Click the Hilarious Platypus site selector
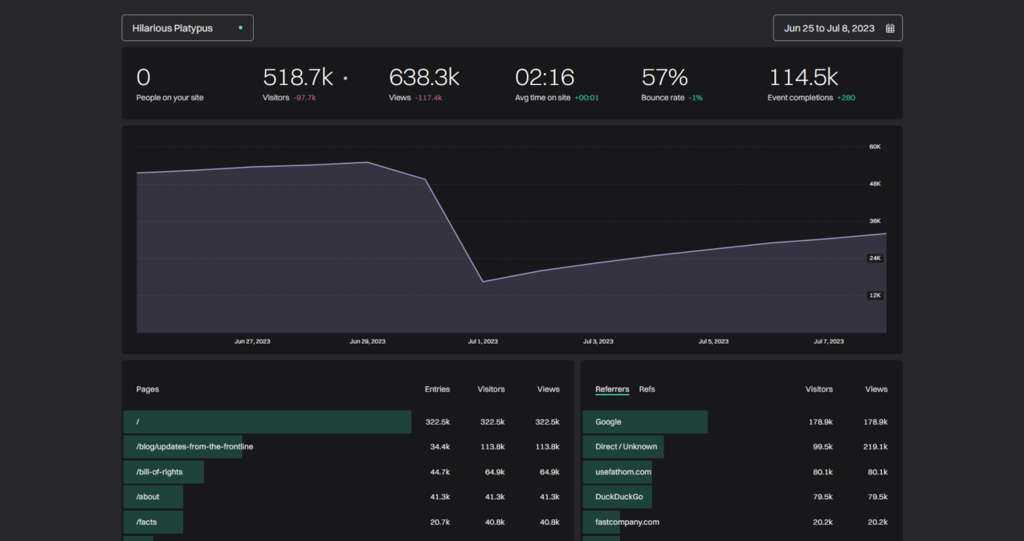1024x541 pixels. click(187, 28)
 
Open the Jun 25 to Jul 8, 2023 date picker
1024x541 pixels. click(829, 28)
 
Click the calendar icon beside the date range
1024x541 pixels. click(890, 28)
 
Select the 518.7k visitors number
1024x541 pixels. click(297, 78)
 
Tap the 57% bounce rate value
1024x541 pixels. click(664, 78)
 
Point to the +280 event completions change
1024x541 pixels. click(846, 98)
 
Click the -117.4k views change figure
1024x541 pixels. click(428, 98)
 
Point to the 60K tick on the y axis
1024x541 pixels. click(875, 147)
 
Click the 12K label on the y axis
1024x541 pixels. click(875, 295)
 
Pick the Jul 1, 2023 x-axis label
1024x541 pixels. click(483, 341)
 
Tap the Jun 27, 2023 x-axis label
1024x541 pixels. click(252, 341)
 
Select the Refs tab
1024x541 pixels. click(647, 389)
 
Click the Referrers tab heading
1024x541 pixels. click(612, 389)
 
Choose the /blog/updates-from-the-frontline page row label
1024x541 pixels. click(194, 446)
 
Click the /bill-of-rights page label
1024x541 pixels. click(159, 472)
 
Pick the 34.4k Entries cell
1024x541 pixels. click(439, 446)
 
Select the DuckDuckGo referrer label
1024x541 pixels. click(618, 497)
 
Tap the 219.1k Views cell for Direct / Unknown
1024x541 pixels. click(875, 446)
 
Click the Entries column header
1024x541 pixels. click(437, 389)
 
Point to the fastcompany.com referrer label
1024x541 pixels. click(626, 522)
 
